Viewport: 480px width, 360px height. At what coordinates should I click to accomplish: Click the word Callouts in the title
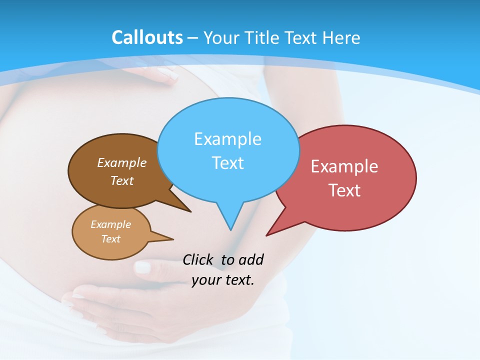147,37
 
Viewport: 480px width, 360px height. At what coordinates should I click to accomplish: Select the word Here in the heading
342,38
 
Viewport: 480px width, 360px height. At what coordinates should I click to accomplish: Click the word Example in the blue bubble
227,139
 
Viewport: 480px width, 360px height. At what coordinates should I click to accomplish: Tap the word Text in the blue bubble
227,163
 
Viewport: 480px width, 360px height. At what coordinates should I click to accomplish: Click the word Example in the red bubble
344,166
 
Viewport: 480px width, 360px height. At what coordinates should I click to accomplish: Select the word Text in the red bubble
344,190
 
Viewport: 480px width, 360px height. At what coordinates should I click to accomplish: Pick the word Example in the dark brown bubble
122,162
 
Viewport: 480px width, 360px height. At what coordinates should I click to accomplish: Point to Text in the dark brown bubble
122,180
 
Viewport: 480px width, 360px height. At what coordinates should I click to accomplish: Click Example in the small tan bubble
110,224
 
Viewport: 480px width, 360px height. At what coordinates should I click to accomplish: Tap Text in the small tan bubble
110,239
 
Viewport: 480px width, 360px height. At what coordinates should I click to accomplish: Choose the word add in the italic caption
251,260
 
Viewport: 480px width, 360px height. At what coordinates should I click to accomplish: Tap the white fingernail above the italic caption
142,267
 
